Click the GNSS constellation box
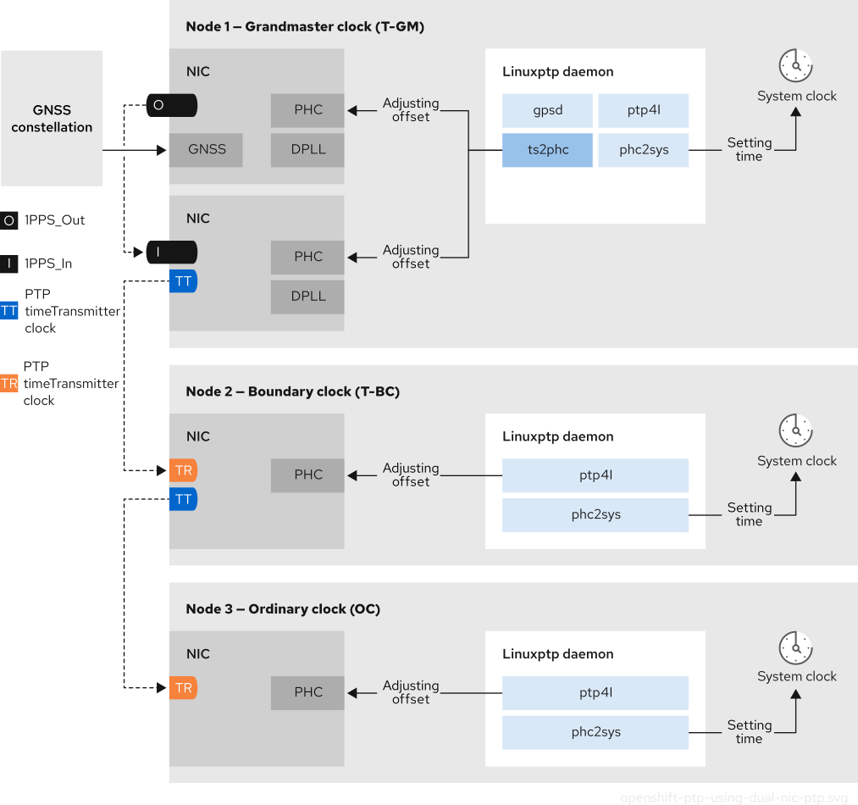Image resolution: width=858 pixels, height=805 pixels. tap(52, 119)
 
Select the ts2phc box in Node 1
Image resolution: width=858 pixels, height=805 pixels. tap(547, 150)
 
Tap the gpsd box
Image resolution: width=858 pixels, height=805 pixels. tap(547, 110)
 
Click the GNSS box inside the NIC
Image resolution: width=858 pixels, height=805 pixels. tap(207, 149)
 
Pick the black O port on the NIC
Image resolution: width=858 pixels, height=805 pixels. tap(172, 106)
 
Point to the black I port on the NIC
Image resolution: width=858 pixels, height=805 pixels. tap(172, 253)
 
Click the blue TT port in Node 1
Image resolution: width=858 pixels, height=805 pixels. tap(183, 281)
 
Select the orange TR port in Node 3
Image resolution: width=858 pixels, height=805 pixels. tap(183, 687)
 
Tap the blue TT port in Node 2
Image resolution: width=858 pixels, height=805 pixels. tap(183, 499)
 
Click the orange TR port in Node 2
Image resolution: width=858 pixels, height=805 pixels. tap(183, 470)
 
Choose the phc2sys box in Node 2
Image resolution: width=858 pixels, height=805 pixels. tap(595, 514)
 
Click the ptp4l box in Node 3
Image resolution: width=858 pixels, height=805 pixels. tap(595, 692)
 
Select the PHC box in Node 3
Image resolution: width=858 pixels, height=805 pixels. tap(308, 692)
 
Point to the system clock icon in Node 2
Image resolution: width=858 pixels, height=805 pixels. tap(796, 431)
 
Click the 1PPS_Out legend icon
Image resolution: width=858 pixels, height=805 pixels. tap(9, 220)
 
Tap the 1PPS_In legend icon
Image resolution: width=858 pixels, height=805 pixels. tap(9, 264)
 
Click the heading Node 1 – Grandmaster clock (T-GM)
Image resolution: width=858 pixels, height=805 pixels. tap(305, 27)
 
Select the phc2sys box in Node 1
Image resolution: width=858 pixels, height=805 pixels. tap(644, 150)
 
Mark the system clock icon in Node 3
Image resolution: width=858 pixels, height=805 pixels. tap(796, 647)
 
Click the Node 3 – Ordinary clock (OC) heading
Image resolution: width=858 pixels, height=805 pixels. tap(283, 609)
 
